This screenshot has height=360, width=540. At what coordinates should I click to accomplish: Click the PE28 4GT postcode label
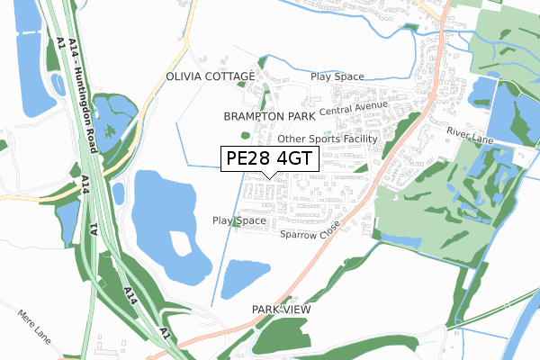(x=269, y=159)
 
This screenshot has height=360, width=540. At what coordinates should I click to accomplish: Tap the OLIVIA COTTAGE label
(x=210, y=78)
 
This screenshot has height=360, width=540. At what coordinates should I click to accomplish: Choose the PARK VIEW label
(x=281, y=309)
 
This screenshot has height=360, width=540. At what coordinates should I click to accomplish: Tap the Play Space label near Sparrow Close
(x=239, y=220)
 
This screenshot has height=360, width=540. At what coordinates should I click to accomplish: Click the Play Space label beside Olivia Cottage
(x=337, y=77)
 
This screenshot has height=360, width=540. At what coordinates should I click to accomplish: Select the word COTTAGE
(x=233, y=78)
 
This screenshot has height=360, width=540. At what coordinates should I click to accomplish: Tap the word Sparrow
(x=297, y=234)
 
